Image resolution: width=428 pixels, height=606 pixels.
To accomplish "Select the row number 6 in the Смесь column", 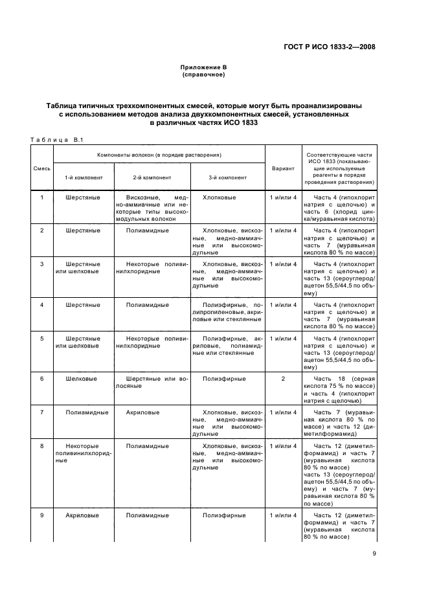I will (42, 379).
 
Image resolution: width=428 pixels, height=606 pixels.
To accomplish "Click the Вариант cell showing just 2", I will (283, 379).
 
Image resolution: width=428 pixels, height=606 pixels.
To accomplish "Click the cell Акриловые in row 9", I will (83, 515).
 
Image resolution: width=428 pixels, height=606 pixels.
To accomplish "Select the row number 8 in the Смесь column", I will (42, 445).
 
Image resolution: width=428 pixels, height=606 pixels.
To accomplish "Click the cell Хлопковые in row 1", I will (220, 197).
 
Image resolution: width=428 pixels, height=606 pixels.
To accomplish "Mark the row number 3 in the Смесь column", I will (42, 264).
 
